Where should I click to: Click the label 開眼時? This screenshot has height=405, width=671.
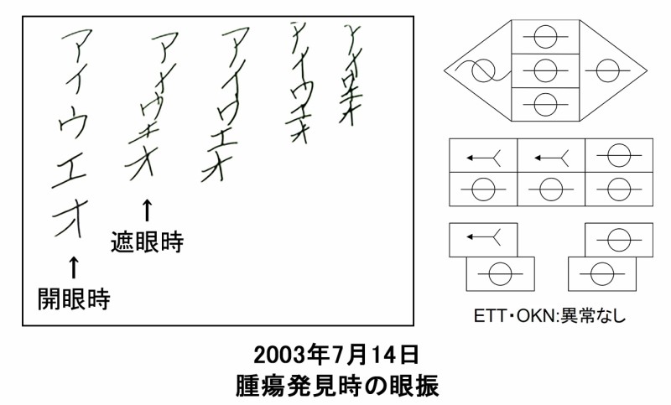pyautogui.click(x=74, y=297)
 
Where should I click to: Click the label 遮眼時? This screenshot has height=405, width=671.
pyautogui.click(x=147, y=242)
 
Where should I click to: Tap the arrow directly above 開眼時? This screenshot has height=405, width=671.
pyautogui.click(x=73, y=267)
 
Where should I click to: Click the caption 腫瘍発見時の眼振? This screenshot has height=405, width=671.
pyautogui.click(x=336, y=385)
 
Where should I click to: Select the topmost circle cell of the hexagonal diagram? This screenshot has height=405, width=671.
pyautogui.click(x=545, y=37)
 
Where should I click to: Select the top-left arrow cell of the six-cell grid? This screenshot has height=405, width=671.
pyautogui.click(x=484, y=156)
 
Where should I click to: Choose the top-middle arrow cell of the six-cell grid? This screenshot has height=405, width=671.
pyautogui.click(x=551, y=156)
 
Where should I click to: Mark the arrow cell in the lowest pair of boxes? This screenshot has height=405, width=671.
pyautogui.click(x=484, y=240)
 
